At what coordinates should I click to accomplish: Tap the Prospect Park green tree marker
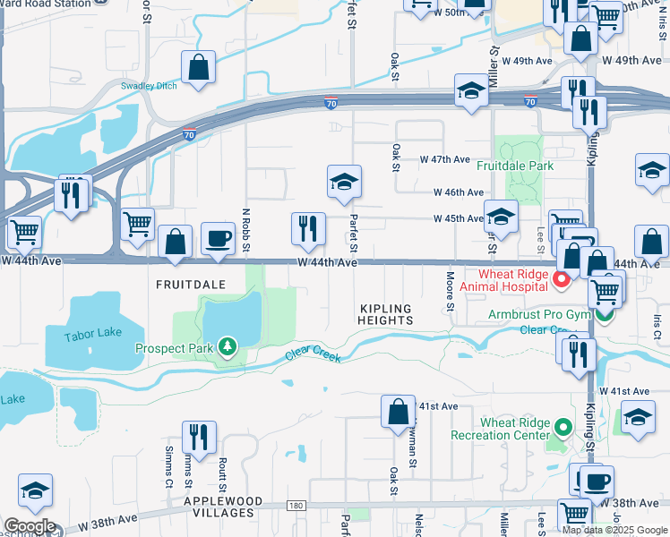pos(228,347)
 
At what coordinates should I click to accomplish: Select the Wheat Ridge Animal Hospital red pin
pos(562,280)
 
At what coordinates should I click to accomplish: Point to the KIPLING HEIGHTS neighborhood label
pos(386,313)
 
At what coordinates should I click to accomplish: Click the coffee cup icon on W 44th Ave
pos(218,239)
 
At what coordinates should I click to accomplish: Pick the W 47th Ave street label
pos(445,159)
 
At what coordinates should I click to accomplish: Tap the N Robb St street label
pos(245,230)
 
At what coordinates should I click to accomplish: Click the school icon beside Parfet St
pos(344,183)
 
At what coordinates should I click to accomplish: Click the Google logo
pos(30,526)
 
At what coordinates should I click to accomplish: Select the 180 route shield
pos(296,506)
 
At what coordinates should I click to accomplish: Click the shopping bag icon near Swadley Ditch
pos(199,67)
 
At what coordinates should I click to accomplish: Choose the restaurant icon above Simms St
pos(198,437)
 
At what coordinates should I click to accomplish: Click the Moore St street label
pos(450,289)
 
